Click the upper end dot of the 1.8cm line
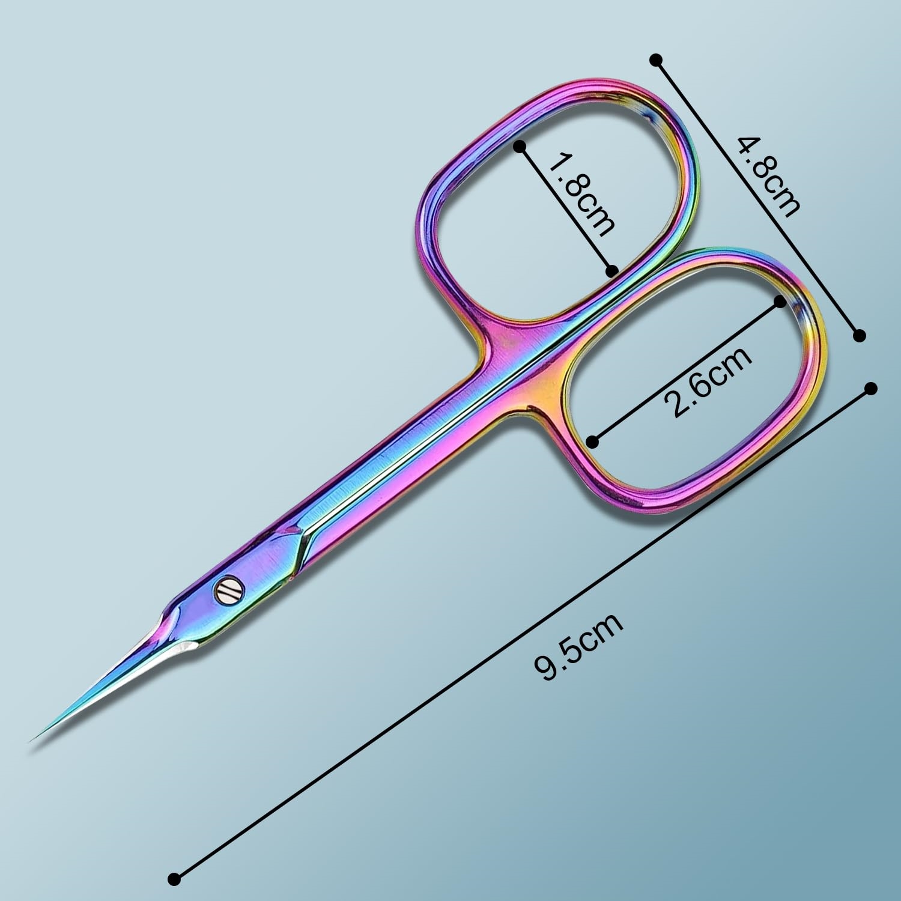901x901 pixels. tap(520, 146)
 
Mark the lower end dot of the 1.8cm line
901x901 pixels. tap(612, 271)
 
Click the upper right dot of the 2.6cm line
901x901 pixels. tap(781, 302)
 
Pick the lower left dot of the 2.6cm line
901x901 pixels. tap(593, 443)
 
